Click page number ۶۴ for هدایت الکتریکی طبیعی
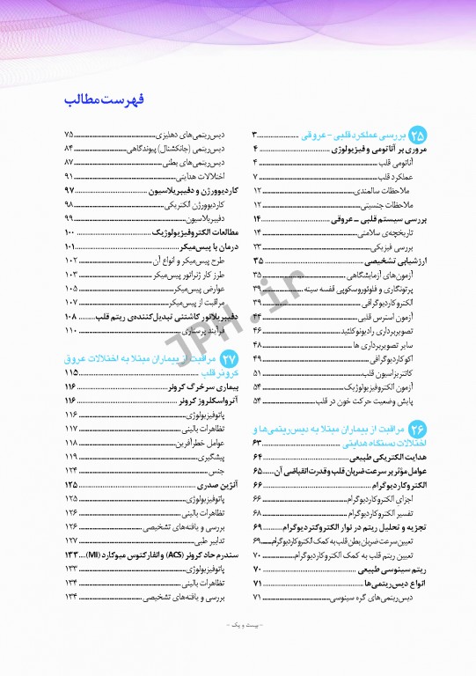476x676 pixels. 258,458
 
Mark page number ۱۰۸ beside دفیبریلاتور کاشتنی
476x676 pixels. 71,315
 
